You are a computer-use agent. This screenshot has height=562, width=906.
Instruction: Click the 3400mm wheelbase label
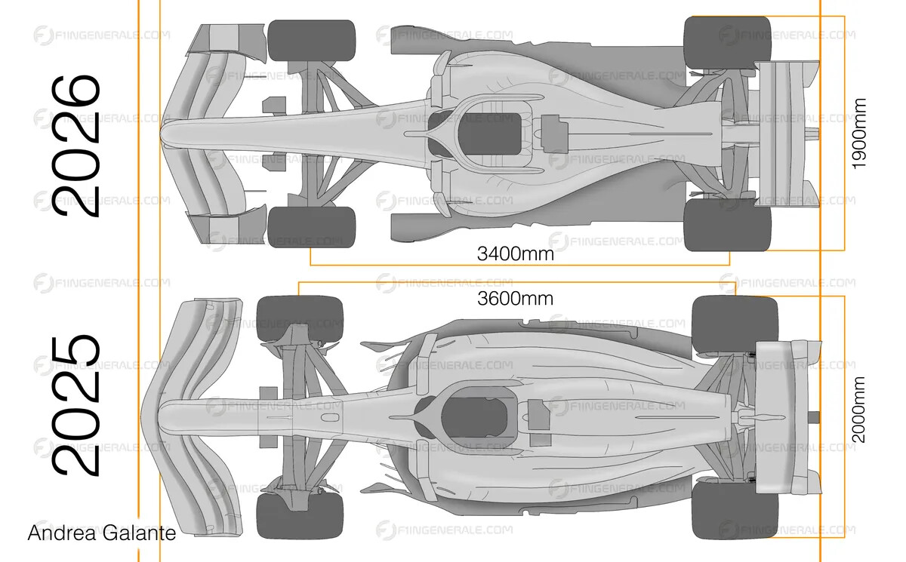point(515,254)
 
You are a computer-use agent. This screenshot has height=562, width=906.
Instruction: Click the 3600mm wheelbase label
point(515,299)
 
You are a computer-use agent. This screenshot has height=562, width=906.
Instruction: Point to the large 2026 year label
point(75,146)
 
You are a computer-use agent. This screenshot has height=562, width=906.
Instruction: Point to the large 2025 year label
point(75,405)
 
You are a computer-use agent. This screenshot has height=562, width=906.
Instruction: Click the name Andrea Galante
point(102,533)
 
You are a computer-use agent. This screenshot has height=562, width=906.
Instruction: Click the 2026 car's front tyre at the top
point(311,41)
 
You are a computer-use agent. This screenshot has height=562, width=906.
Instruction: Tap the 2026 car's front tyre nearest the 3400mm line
point(311,228)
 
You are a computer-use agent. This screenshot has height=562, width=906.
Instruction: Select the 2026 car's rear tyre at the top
point(727,43)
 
